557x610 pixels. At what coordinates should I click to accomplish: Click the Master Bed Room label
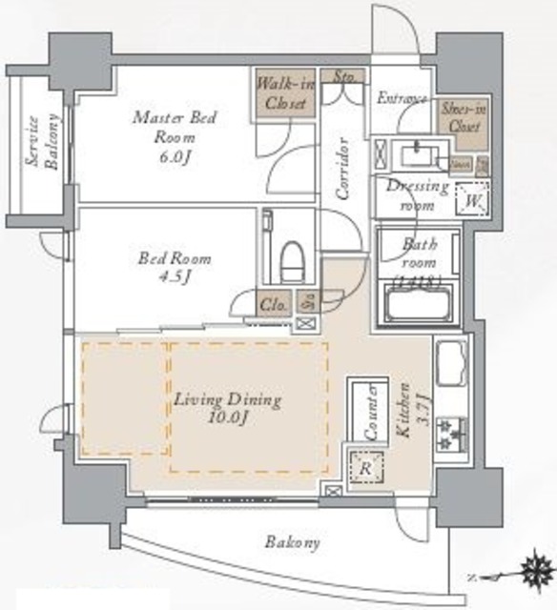pos(175,134)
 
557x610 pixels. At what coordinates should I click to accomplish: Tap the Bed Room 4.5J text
pos(175,267)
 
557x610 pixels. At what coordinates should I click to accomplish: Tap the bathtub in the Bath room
pos(418,306)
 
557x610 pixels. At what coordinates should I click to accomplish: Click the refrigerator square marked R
pos(365,467)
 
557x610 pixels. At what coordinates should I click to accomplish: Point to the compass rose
pos(530,575)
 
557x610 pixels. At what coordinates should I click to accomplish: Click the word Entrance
pos(402,97)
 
